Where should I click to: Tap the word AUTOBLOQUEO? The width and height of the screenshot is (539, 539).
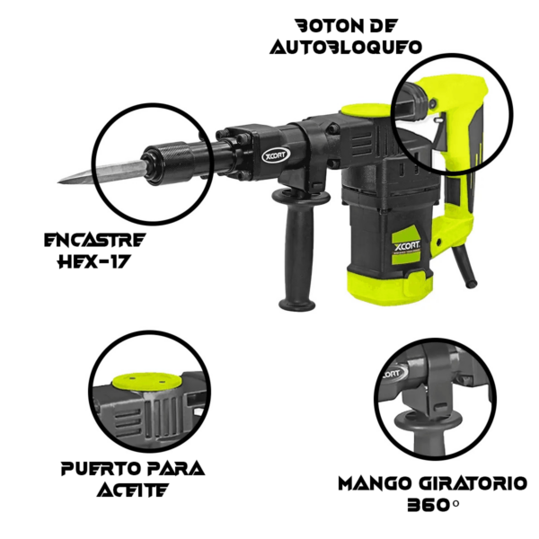pos(346,47)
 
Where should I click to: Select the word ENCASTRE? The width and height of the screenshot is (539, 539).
pos(95,240)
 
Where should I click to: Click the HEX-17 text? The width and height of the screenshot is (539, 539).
pos(94,262)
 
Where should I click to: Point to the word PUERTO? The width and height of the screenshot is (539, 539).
pos(98,469)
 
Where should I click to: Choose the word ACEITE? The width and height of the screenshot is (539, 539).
pos(133,490)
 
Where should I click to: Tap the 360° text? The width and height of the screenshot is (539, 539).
pos(433,505)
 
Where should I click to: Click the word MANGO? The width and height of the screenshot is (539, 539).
pos(376,483)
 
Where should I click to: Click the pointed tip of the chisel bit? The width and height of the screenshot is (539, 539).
pos(58,181)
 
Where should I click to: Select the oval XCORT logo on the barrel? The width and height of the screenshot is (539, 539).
pos(276,155)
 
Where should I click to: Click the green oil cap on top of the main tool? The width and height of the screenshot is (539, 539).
pos(367,110)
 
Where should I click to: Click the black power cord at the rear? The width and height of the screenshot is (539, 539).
pos(464,267)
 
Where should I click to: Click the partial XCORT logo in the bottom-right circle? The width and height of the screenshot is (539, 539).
pos(393,373)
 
